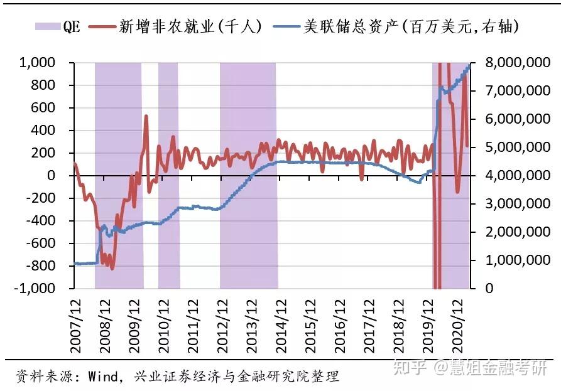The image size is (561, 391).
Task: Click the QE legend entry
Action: pyautogui.click(x=58, y=26)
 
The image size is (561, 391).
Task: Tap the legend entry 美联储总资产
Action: pyautogui.click(x=402, y=26)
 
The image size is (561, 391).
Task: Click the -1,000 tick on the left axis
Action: pyautogui.click(x=36, y=289)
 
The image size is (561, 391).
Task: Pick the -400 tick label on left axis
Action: pyautogui.click(x=43, y=221)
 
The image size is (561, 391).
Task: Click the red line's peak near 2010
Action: pyautogui.click(x=146, y=116)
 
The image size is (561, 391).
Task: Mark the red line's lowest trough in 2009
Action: pyautogui.click(x=112, y=268)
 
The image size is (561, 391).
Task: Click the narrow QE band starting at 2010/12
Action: pyautogui.click(x=168, y=176)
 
